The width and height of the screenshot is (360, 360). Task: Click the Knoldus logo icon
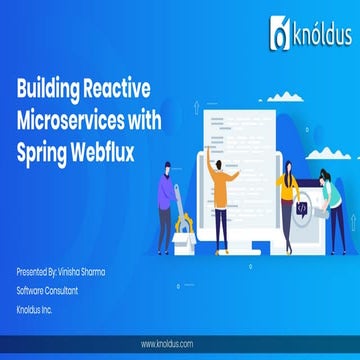click(279, 38)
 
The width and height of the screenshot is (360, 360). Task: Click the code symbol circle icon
click(302, 207)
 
